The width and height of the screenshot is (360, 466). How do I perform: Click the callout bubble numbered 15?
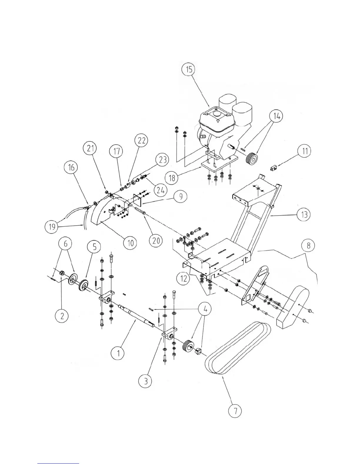[x=189, y=70]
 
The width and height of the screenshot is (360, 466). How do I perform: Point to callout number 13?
[x=304, y=214]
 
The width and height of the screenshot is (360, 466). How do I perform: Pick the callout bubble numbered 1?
[x=118, y=353]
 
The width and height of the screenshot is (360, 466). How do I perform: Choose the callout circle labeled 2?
[x=62, y=316]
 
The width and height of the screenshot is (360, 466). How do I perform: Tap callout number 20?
[x=156, y=241]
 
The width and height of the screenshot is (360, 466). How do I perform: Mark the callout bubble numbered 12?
[x=184, y=278]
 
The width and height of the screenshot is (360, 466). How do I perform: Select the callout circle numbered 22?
[x=141, y=141]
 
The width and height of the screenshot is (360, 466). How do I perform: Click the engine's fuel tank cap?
[x=217, y=112]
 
